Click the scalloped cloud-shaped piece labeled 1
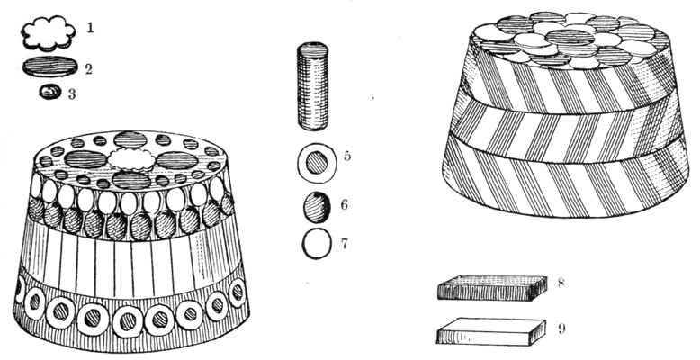pyautogui.click(x=48, y=33)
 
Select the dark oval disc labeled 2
pyautogui.click(x=50, y=67)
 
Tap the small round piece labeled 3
pyautogui.click(x=50, y=92)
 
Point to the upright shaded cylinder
pyautogui.click(x=312, y=86)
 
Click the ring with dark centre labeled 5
pyautogui.click(x=317, y=163)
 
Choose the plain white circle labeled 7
pyautogui.click(x=317, y=244)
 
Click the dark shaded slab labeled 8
pyautogui.click(x=492, y=288)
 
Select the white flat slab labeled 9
pyautogui.click(x=491, y=331)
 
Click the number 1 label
pyautogui.click(x=90, y=28)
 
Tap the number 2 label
pyautogui.click(x=88, y=69)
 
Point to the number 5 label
pyautogui.click(x=347, y=157)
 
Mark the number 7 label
pyautogui.click(x=345, y=244)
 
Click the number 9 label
pyautogui.click(x=561, y=328)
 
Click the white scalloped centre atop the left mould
pyautogui.click(x=132, y=158)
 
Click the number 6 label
pyautogui.click(x=345, y=204)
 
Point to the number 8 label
pyautogui.click(x=561, y=283)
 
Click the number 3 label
pyautogui.click(x=72, y=94)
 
